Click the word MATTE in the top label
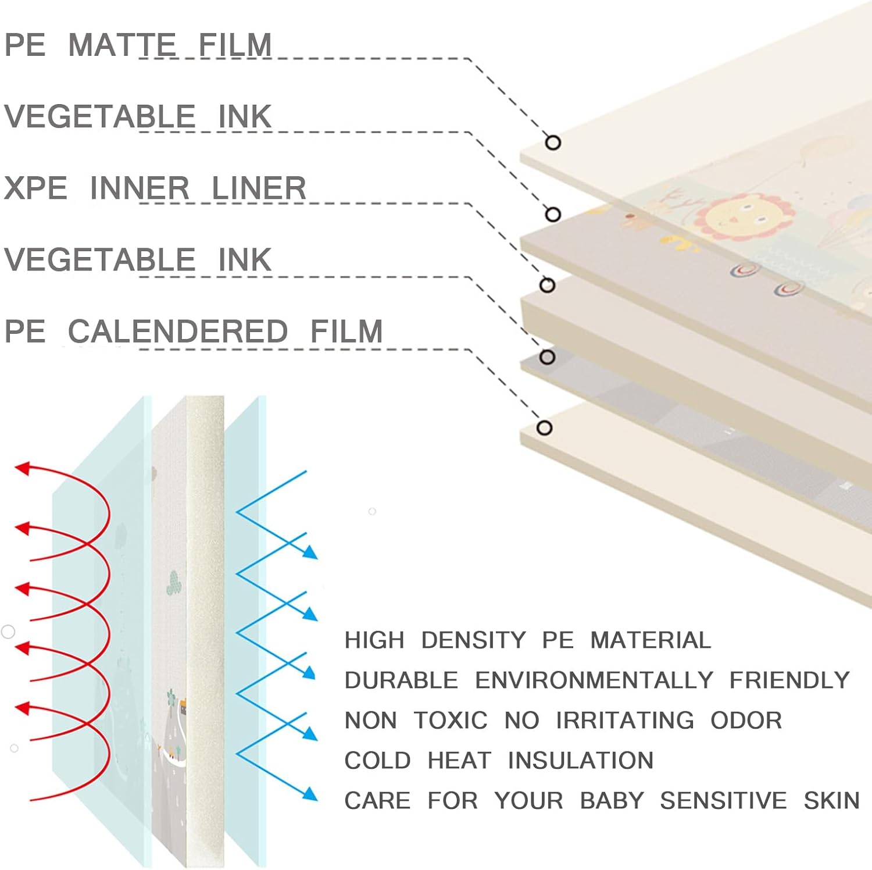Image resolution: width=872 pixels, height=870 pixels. tap(122, 45)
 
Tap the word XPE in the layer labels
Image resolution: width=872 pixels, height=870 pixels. tap(35, 188)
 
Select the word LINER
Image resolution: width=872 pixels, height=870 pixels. tap(258, 188)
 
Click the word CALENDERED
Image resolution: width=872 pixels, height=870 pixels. tap(177, 331)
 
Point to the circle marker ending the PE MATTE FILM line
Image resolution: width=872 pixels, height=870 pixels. tap(553, 142)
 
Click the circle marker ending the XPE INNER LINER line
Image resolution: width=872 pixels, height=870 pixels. tap(547, 285)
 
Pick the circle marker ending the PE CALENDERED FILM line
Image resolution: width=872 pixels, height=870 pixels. tap(544, 428)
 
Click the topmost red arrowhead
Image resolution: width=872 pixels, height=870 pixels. tap(22, 468)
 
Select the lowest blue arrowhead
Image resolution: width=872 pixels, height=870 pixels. tap(310, 794)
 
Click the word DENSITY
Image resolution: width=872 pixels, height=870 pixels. tap(473, 640)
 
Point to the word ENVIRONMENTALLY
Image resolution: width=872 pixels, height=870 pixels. tap(594, 680)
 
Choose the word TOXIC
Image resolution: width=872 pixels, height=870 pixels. tap(451, 721)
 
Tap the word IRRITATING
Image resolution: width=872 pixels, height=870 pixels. tap(625, 721)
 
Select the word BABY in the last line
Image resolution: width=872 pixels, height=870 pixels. tap(612, 801)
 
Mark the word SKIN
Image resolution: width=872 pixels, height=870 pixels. tap(831, 801)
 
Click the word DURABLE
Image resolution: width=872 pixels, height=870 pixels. tap(401, 680)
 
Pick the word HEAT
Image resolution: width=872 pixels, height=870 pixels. tap(459, 761)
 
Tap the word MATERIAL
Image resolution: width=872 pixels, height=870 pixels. tap(651, 640)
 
